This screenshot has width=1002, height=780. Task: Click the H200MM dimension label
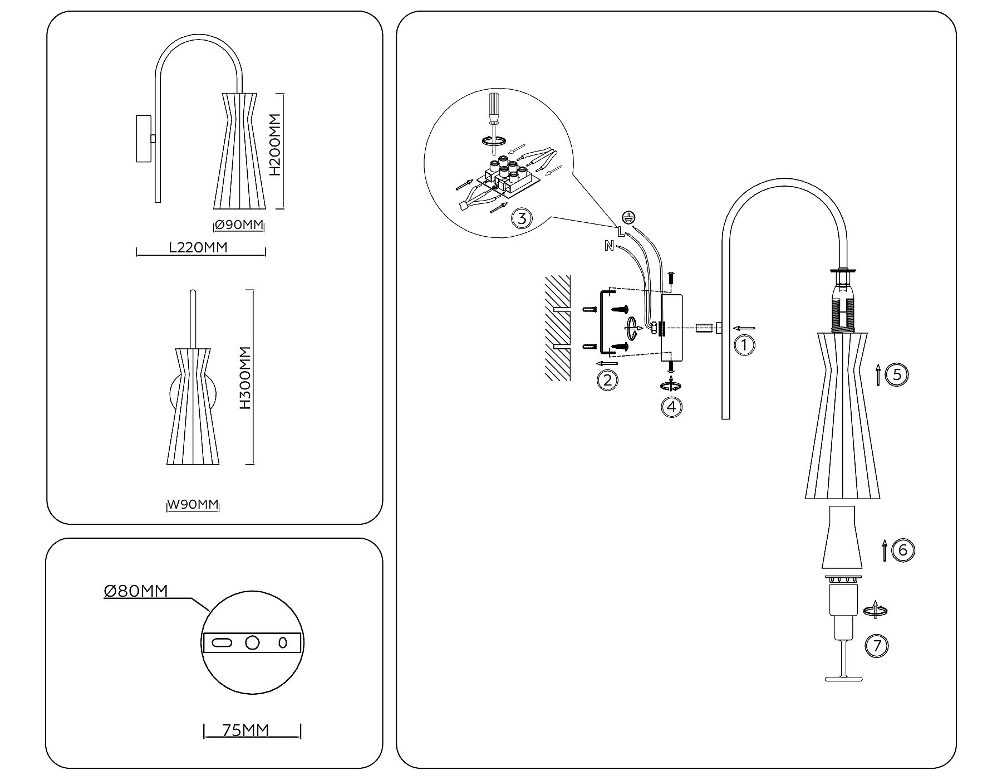click(274, 145)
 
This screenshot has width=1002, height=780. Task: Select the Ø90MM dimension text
click(239, 225)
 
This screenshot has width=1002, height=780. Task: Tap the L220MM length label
click(198, 247)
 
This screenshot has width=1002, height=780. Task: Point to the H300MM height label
click(245, 378)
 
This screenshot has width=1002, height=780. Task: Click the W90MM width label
click(193, 505)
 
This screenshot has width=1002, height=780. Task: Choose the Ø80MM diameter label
click(136, 591)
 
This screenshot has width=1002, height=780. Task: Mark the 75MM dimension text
click(245, 730)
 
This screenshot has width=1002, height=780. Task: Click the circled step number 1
click(744, 345)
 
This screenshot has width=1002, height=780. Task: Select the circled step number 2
click(607, 380)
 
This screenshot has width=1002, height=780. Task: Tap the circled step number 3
click(522, 218)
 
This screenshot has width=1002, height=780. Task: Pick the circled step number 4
click(671, 407)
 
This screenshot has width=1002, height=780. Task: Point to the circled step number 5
click(897, 374)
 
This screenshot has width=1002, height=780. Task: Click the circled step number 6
click(903, 550)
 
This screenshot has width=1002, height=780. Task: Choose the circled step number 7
click(877, 646)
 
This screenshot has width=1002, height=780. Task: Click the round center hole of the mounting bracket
click(252, 642)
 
